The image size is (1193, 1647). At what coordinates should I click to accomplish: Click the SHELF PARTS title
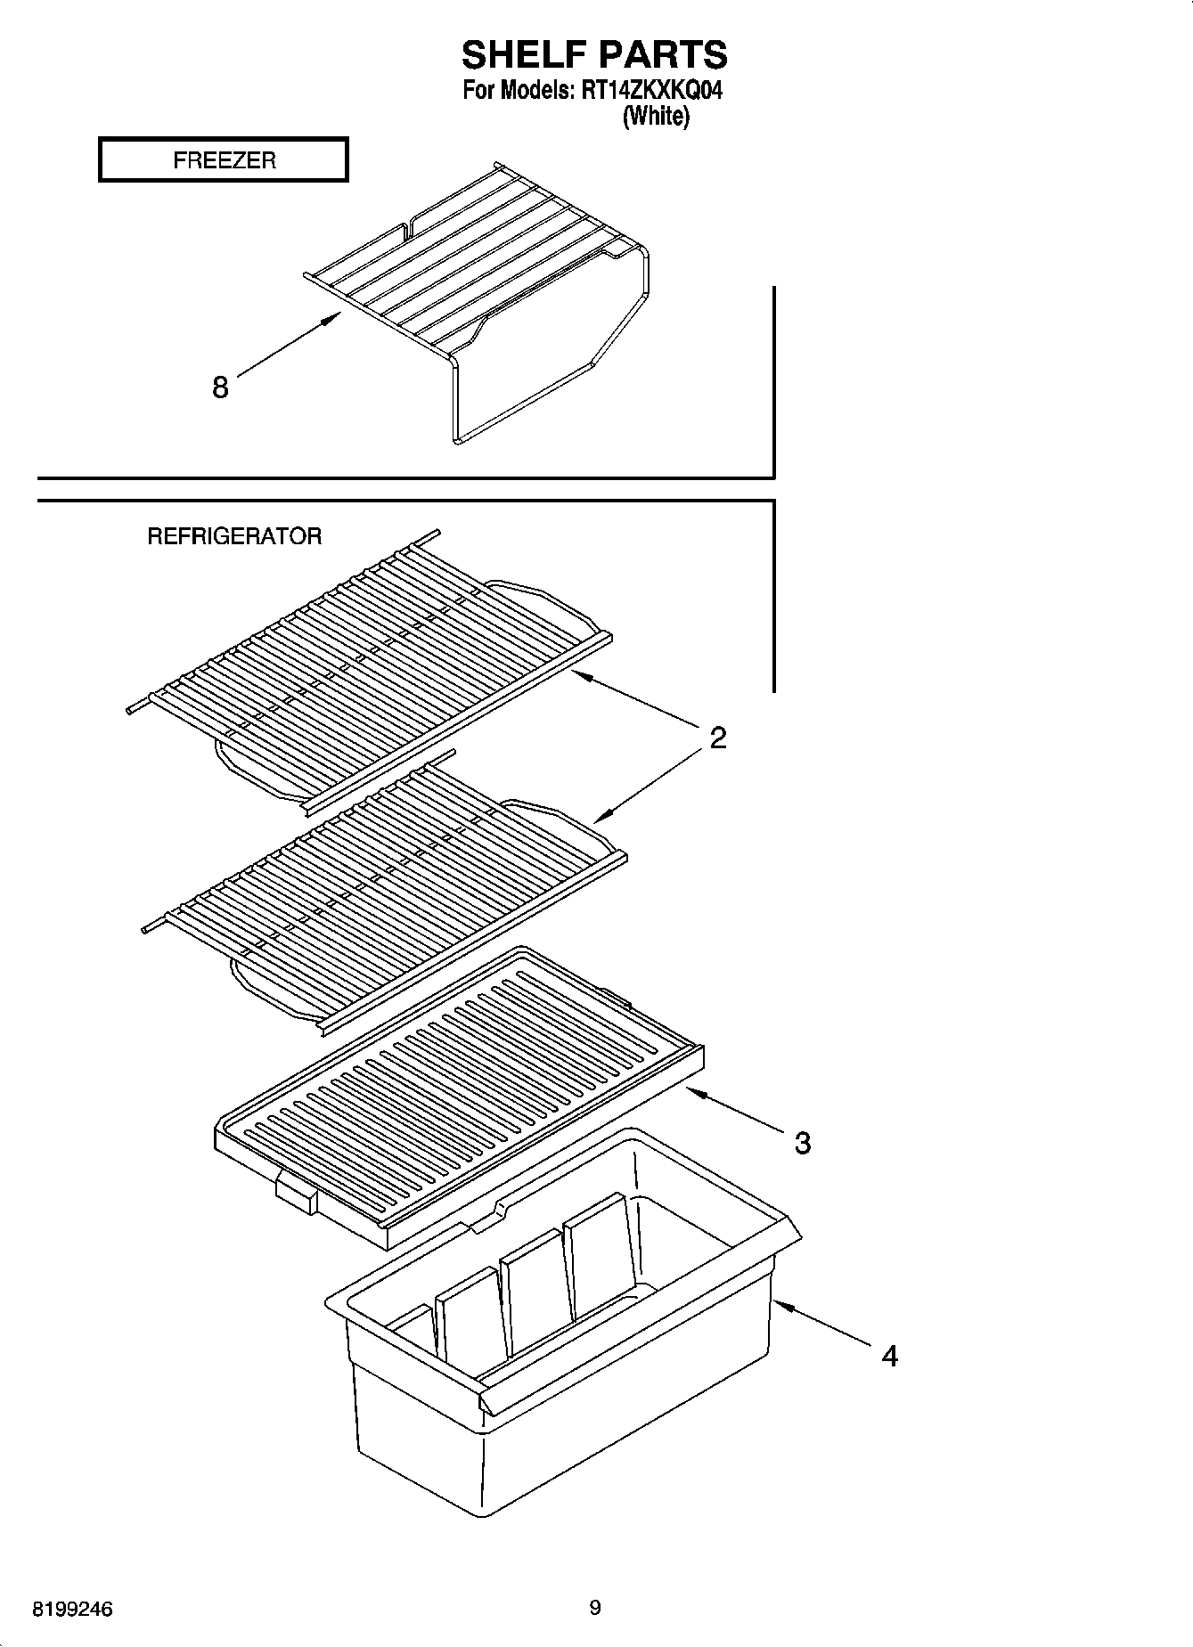594,55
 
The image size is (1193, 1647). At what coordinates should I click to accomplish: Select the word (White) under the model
656,116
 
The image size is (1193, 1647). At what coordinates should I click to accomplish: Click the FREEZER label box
223,160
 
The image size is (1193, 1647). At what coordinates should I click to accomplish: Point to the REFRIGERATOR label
234,536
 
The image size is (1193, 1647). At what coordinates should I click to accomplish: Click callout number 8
220,387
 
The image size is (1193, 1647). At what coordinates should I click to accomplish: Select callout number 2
717,738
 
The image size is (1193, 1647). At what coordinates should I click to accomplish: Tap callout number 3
802,1143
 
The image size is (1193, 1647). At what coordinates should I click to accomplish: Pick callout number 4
889,1357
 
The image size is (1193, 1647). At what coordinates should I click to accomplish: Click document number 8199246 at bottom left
72,1610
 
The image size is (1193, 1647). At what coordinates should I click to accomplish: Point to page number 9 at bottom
595,1608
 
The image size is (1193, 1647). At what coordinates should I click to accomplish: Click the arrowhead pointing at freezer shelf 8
334,317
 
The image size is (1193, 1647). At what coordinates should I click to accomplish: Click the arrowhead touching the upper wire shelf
578,676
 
